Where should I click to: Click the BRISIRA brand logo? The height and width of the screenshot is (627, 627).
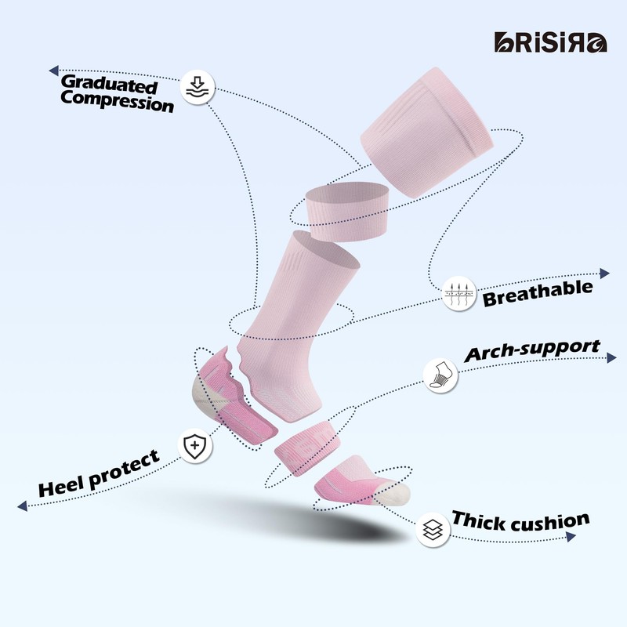click(x=551, y=42)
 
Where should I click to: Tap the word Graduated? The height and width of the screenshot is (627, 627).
click(x=109, y=84)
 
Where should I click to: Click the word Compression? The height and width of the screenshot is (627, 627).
click(x=117, y=102)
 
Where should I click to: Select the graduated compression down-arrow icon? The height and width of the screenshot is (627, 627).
click(x=198, y=88)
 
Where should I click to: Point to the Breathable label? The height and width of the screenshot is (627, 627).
click(x=538, y=293)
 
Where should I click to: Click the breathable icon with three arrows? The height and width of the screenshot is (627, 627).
click(x=459, y=293)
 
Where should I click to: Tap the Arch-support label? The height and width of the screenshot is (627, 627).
click(x=532, y=350)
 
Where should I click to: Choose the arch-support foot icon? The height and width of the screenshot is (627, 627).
click(x=440, y=375)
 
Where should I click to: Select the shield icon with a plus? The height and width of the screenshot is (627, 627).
click(x=195, y=446)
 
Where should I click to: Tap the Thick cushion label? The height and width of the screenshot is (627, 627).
click(x=520, y=521)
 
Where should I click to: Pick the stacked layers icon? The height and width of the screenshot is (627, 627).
click(x=433, y=530)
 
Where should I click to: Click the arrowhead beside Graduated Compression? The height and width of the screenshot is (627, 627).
click(x=53, y=71)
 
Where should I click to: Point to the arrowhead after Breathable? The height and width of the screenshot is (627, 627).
click(x=604, y=274)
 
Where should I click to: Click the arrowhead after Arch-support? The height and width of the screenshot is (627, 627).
click(x=612, y=357)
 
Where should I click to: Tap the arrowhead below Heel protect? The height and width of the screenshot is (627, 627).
click(x=23, y=506)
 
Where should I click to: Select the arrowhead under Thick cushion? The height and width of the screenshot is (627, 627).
click(x=571, y=537)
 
